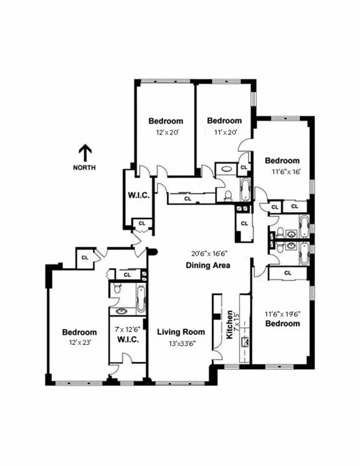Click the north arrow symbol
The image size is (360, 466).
85,153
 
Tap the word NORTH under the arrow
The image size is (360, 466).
85,168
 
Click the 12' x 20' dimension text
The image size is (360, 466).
165,132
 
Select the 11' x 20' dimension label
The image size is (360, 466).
224,132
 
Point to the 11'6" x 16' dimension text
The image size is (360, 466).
286,172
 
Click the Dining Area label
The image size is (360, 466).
208,266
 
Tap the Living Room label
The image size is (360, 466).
181,332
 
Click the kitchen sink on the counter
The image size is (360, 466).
246,340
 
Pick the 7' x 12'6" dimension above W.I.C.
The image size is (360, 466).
128,329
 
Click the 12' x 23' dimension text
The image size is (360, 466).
79,343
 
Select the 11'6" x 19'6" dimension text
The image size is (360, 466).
283,313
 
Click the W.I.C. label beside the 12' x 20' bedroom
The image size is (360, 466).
139,195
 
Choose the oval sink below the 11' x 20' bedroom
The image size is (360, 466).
226,170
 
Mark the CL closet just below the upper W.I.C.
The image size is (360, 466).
141,223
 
